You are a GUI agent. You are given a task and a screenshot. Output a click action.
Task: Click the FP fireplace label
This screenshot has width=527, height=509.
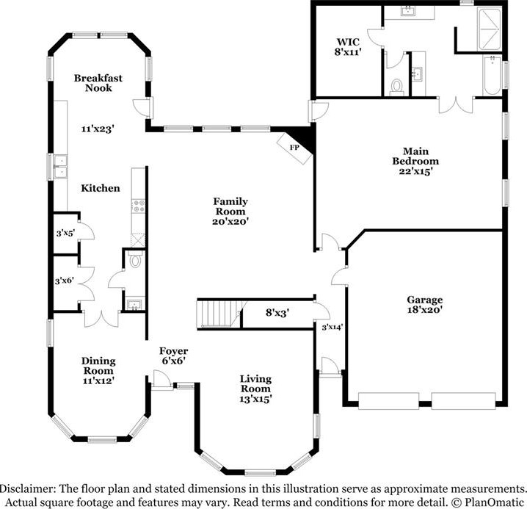tap(294, 148)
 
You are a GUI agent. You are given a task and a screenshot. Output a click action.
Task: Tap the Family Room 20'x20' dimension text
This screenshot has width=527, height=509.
tap(230, 222)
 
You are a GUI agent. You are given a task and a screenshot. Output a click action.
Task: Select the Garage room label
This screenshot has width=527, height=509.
tap(424, 300)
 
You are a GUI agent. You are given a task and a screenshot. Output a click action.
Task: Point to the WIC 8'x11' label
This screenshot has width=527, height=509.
tap(348, 47)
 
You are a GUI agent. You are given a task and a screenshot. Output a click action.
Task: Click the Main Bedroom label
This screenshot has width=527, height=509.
tap(415, 156)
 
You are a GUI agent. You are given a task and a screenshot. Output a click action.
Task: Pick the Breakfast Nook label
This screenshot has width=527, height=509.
tap(98, 83)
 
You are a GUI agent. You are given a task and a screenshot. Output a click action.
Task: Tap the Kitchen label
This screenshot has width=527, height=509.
tap(100, 188)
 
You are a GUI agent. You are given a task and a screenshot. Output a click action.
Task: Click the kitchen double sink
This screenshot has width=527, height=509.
tap(60, 166)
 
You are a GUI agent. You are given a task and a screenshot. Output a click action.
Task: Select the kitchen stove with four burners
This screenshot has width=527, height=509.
tap(139, 206)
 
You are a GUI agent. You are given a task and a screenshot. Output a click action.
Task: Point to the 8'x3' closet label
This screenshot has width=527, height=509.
tap(277, 313)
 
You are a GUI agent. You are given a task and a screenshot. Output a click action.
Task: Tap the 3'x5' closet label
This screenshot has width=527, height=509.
tap(65, 233)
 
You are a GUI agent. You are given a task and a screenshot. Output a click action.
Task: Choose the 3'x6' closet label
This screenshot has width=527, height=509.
tap(64, 281)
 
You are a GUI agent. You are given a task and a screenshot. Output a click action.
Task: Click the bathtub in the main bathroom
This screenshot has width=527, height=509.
tap(492, 76)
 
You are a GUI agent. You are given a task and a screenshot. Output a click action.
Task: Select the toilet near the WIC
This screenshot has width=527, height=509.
tap(396, 87)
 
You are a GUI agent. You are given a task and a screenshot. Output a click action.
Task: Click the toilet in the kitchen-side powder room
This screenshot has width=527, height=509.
tap(136, 259)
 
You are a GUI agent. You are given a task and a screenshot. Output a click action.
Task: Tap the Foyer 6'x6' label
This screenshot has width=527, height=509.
tap(173, 356)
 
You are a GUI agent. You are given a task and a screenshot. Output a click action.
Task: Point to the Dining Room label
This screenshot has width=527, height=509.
tap(98, 366)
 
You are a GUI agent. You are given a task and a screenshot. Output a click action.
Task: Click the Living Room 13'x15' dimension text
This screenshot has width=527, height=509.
tap(255, 400)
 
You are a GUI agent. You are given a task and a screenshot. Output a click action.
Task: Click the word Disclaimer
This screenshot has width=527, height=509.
tap(27, 488)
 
